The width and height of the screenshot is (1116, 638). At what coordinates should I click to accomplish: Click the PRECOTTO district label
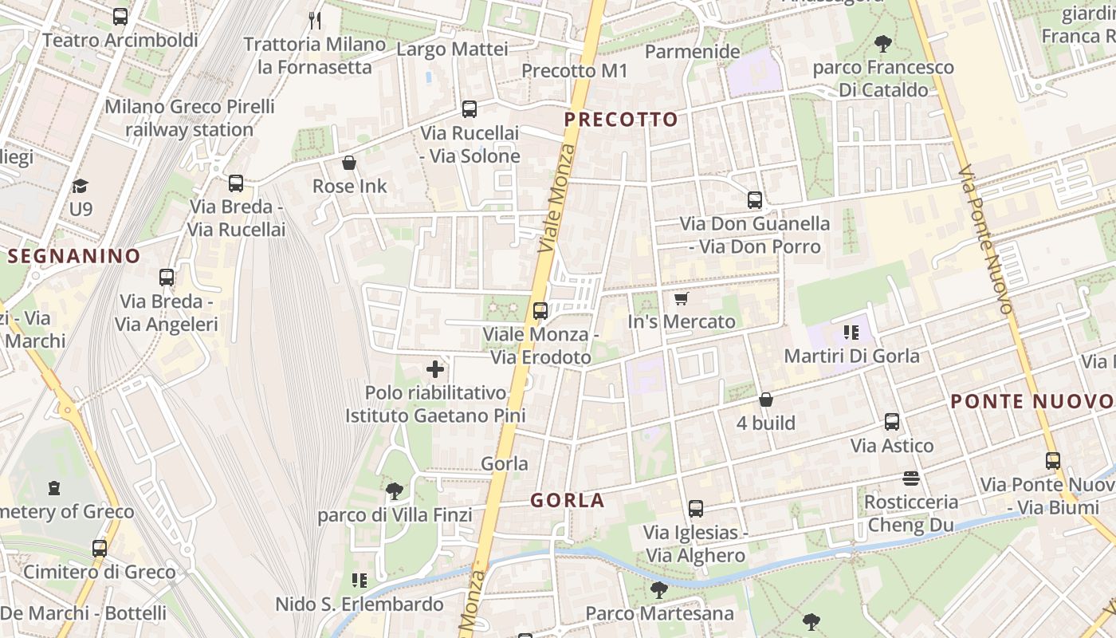point(621,120)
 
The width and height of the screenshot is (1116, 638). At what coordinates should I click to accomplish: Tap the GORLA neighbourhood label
point(568,501)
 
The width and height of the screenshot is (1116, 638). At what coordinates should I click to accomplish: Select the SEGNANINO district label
point(74,256)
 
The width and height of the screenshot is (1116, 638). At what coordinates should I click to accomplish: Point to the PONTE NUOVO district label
point(1032,401)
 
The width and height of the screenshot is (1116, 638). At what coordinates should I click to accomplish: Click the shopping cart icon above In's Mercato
point(681,299)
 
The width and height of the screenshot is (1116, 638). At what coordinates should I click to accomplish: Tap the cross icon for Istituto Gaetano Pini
point(435,369)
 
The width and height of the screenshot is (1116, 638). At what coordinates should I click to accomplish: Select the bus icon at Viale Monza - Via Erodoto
point(540,311)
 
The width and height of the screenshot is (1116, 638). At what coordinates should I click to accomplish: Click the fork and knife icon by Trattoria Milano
point(315,21)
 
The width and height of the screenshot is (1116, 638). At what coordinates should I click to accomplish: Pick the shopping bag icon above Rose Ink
point(349,163)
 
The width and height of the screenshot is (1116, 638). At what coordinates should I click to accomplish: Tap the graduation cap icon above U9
point(80,187)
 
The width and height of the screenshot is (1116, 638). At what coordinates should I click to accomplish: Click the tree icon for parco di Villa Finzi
point(394,490)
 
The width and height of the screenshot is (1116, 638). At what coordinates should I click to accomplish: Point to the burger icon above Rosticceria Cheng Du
point(911,478)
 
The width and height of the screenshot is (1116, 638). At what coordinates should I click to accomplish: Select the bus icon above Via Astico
point(892,422)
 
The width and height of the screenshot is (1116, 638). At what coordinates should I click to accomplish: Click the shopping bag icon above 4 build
point(766,400)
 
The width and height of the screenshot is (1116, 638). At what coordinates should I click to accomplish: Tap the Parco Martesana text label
point(659,613)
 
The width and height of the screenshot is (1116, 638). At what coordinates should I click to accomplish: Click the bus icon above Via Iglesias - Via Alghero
point(695,508)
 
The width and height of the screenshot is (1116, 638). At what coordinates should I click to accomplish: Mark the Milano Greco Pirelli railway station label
point(190,117)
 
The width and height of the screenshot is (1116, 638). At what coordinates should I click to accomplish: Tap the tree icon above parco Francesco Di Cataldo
point(882,44)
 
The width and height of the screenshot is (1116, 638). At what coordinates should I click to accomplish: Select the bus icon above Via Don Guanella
point(755,200)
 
